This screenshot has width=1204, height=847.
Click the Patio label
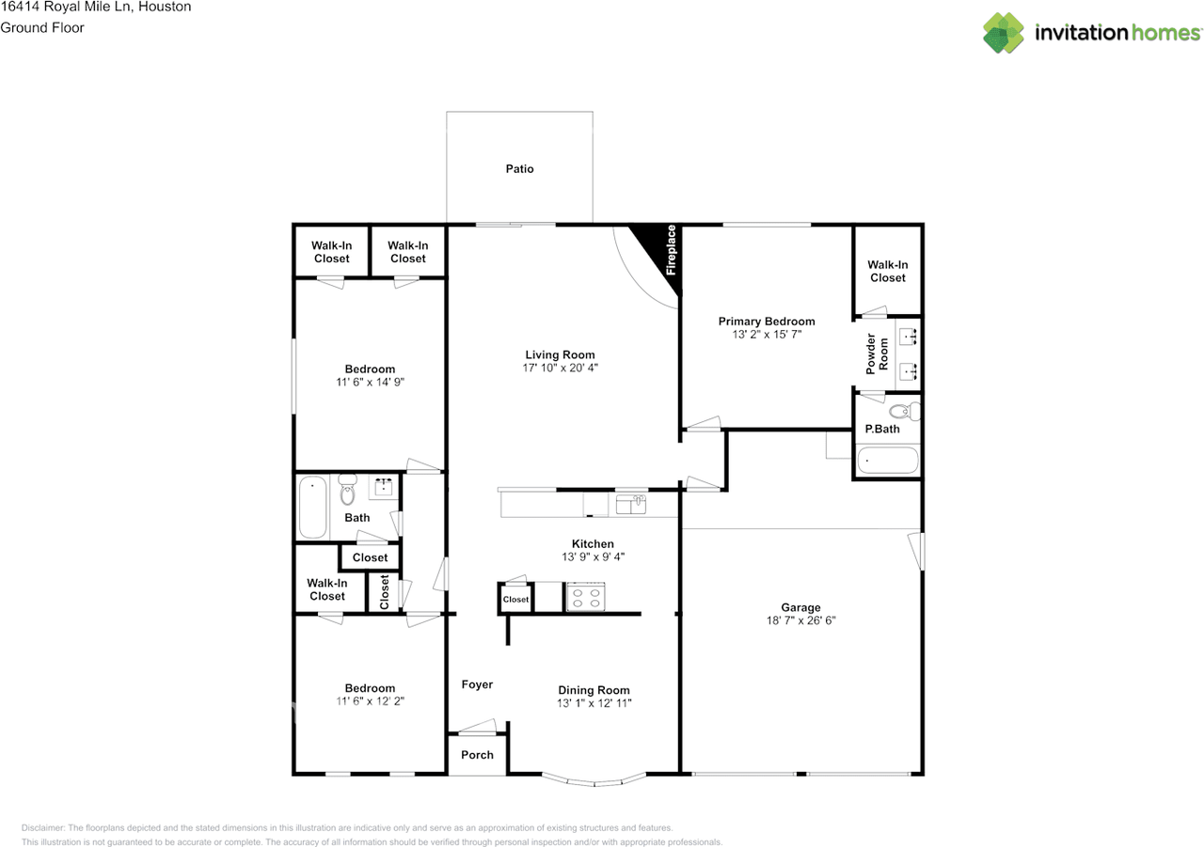[x=519, y=169]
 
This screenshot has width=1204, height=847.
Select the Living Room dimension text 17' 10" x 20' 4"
[x=560, y=368]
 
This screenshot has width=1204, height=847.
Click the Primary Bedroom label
[x=767, y=322]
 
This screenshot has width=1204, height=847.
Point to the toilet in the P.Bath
[x=904, y=412]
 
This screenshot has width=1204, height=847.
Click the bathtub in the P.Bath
[x=887, y=461]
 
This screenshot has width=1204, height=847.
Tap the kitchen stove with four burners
[x=585, y=597]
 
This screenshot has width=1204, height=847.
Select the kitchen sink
[x=630, y=504]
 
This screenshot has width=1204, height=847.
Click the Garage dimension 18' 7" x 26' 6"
[x=800, y=620]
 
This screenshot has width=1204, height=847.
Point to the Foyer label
[x=477, y=684]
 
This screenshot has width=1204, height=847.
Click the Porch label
[x=477, y=755]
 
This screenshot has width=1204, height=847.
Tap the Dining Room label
[x=594, y=690]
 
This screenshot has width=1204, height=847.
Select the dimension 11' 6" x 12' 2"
[x=370, y=701]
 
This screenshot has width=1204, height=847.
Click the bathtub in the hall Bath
[x=312, y=507]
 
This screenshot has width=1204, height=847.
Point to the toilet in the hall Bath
[x=347, y=489]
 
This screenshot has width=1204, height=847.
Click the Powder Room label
[x=876, y=354]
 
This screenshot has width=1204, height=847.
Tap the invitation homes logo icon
[x=1003, y=33]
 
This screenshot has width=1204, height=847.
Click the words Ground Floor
[x=42, y=28]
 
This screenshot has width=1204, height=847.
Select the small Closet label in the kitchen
[x=515, y=600]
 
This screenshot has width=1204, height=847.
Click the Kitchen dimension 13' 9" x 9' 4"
[x=593, y=557]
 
